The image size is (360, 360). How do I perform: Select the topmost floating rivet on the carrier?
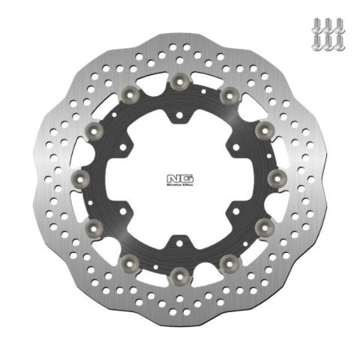coord(179,81)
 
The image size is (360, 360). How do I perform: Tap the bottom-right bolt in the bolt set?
coord(341,41)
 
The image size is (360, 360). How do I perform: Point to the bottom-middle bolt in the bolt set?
coord(328,41)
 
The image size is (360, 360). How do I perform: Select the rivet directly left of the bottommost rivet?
coord(131,262)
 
